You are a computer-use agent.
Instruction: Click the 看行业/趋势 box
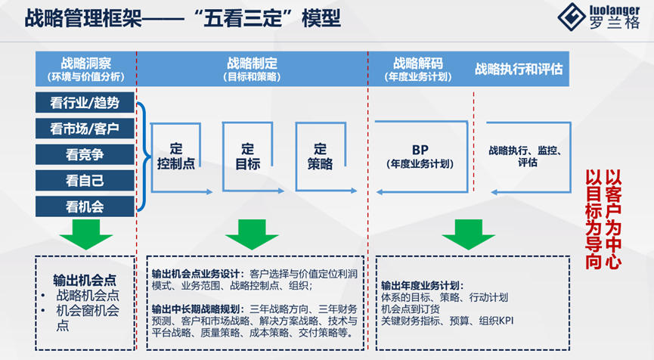pyautogui.click(x=85, y=103)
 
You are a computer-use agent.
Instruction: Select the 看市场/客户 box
pyautogui.click(x=85, y=129)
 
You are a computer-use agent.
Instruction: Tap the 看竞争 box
pyautogui.click(x=85, y=154)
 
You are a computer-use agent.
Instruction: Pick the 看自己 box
pyautogui.click(x=85, y=180)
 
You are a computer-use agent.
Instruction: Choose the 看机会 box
pyautogui.click(x=85, y=206)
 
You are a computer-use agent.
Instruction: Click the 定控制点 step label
pyautogui.click(x=177, y=156)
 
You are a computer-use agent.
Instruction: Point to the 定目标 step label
pyautogui.click(x=247, y=156)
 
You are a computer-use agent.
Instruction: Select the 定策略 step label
pyautogui.click(x=321, y=156)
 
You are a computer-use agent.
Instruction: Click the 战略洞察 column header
pyautogui.click(x=85, y=69)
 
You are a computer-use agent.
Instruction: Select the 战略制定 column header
pyautogui.click(x=252, y=69)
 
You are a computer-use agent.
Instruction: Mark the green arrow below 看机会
pyautogui.click(x=84, y=234)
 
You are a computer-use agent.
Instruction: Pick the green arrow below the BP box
pyautogui.click(x=468, y=234)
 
